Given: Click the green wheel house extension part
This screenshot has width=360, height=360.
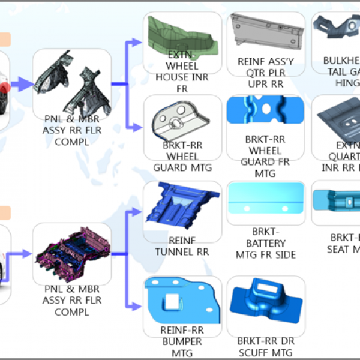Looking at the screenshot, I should (180, 33).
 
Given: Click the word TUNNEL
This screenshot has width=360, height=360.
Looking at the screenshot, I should (176, 252).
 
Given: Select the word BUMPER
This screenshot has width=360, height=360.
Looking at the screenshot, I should (182, 341).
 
